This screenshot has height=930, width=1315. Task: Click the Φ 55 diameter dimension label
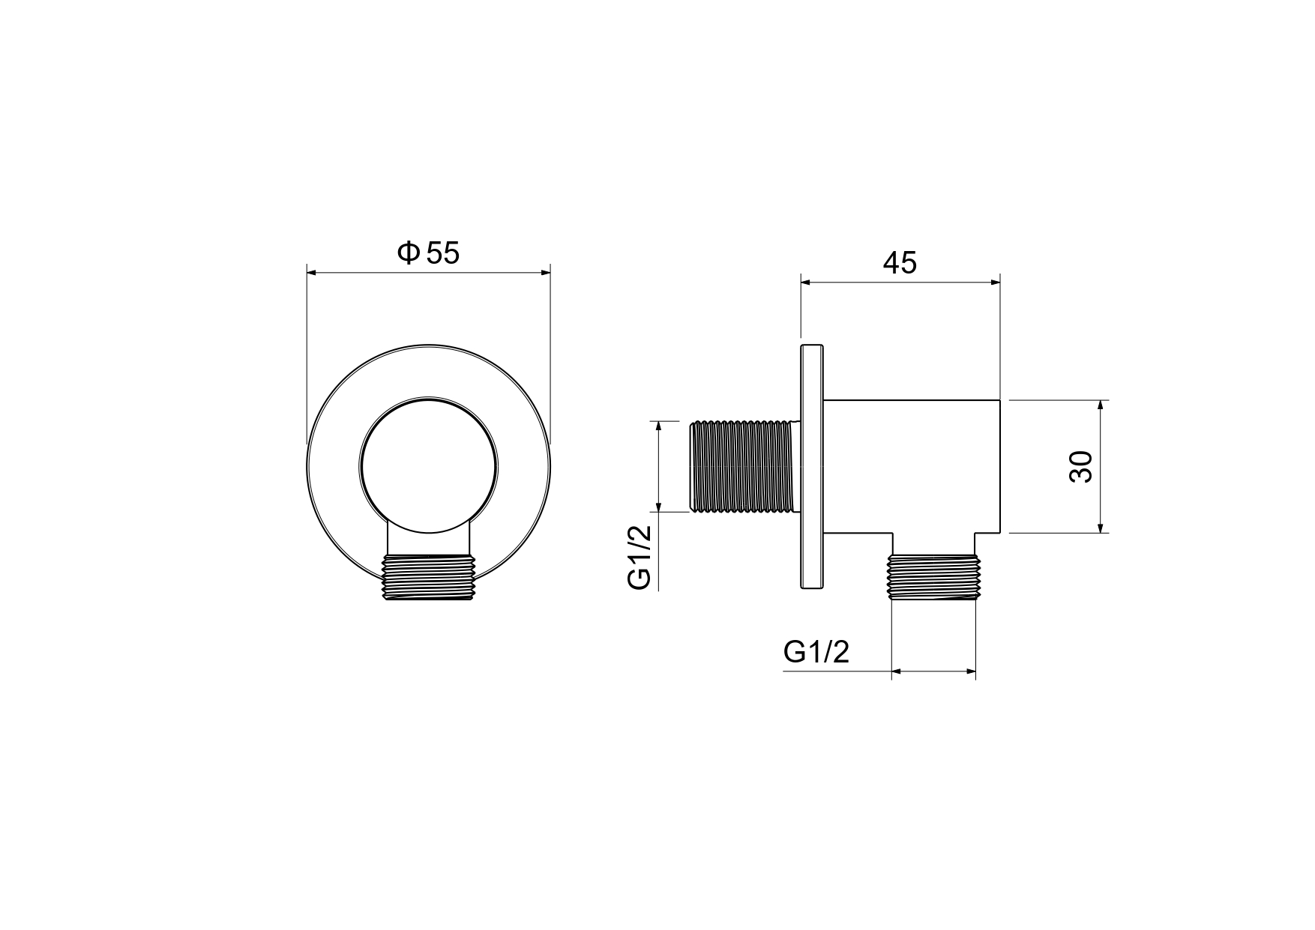(x=428, y=253)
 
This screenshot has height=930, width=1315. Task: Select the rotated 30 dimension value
(x=1082, y=466)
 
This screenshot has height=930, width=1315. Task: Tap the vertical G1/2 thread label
(x=640, y=558)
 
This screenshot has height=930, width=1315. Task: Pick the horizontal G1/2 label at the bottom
(x=816, y=652)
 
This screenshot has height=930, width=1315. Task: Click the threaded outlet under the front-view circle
(x=429, y=578)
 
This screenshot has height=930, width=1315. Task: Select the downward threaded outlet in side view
(x=933, y=578)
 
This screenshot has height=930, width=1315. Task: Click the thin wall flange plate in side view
(x=812, y=466)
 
